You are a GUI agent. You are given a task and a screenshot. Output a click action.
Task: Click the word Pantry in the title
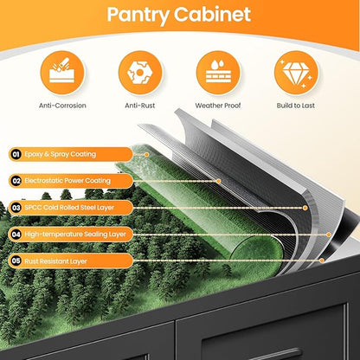pos(138,15)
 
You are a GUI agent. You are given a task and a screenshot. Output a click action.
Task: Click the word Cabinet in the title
pos(213,14)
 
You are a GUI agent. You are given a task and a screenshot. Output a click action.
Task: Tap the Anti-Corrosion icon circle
pos(62,73)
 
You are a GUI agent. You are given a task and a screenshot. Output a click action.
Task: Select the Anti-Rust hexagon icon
pos(140,73)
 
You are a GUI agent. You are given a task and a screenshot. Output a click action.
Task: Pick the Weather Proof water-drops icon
pos(218,73)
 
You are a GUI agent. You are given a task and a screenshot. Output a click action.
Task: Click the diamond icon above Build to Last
pos(296,73)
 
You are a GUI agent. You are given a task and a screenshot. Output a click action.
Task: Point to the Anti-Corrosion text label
pos(62,106)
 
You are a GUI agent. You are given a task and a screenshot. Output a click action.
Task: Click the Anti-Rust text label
pos(140,106)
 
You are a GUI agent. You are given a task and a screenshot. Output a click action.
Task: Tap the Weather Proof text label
pos(218,106)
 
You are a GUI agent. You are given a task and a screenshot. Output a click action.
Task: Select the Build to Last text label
pos(296,106)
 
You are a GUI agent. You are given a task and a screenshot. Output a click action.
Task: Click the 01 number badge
pos(16,154)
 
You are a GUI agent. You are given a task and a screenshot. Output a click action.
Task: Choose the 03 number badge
pos(16,208)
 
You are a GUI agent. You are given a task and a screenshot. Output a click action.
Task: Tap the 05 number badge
pos(16,261)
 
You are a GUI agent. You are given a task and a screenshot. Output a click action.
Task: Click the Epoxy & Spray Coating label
pos(60,154)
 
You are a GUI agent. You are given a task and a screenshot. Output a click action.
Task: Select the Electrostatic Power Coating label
pos(67,181)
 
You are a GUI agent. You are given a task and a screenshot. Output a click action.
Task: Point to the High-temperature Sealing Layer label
pos(75,235)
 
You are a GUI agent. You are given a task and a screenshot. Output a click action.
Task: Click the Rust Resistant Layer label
pos(55,261)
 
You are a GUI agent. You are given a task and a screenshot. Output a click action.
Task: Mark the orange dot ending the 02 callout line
pos(218,181)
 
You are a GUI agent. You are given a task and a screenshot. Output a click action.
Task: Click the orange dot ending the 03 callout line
pos(305,208)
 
